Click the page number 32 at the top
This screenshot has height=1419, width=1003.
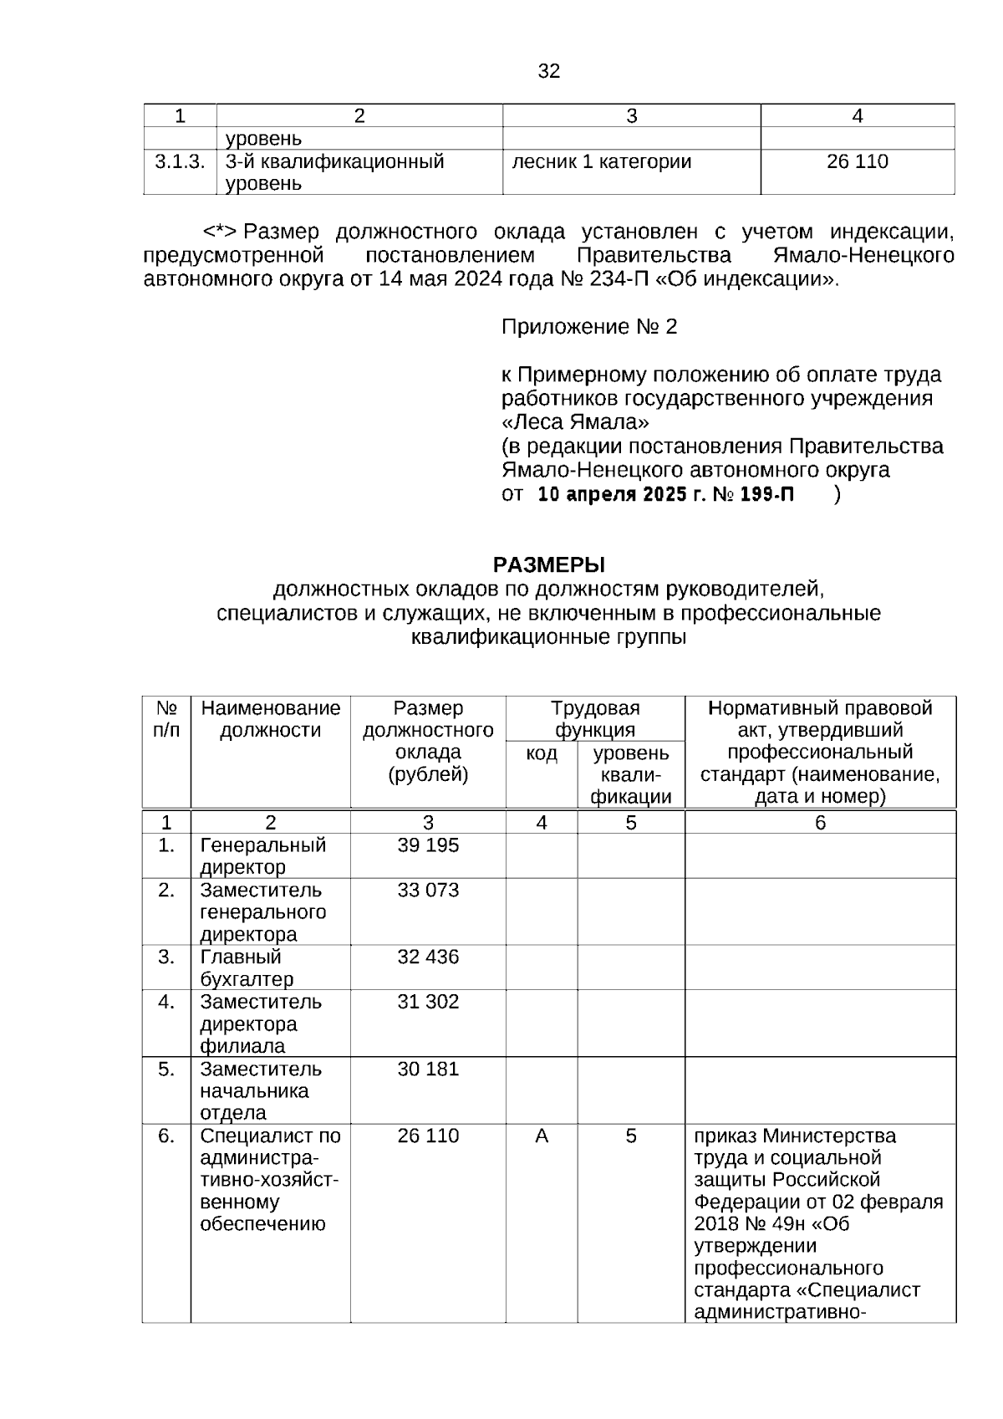(x=548, y=71)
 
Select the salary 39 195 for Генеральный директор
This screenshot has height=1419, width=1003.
(x=428, y=845)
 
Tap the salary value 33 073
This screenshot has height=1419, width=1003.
(x=428, y=891)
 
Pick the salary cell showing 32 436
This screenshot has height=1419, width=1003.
(x=428, y=957)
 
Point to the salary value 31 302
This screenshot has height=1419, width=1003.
(x=428, y=1002)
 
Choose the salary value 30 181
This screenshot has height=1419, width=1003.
(x=428, y=1069)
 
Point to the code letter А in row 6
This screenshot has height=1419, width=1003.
(x=542, y=1136)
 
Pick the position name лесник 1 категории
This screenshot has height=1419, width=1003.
(x=602, y=162)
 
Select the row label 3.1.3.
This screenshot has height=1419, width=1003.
(x=180, y=162)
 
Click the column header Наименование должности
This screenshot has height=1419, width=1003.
(x=271, y=719)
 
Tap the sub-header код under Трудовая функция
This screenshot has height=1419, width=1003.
(x=542, y=754)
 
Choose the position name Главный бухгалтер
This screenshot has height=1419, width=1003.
(x=247, y=968)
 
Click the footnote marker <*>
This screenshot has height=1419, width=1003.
(x=221, y=232)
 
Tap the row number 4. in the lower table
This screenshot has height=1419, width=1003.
(x=166, y=1002)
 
